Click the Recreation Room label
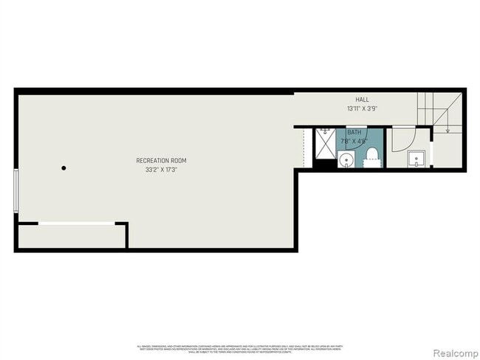point(161,161)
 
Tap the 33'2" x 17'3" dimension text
point(161,170)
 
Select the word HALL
point(362,100)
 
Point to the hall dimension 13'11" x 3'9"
point(362,108)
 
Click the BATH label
point(354,133)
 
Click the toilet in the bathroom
point(373,156)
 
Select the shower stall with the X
point(325,143)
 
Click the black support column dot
point(64,168)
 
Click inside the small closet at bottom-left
point(70,236)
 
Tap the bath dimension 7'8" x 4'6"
point(354,141)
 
